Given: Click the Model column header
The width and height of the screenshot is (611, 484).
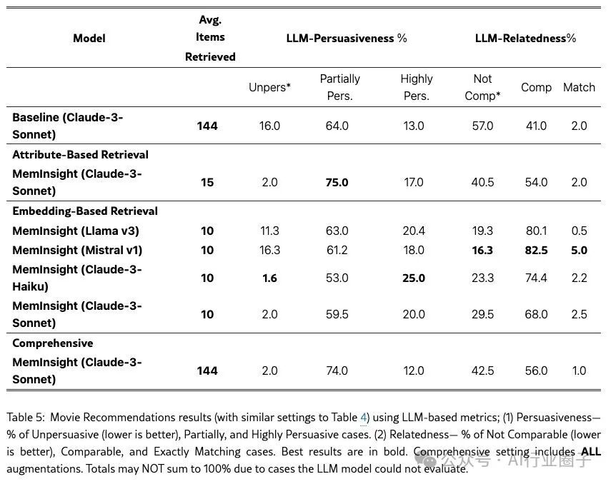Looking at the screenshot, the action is [89, 38].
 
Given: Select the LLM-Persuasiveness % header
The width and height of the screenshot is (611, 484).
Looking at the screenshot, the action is [347, 38].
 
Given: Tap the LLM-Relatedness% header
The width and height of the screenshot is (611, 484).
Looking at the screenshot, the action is [525, 38].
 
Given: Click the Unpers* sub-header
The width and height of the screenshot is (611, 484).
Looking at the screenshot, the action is [269, 87].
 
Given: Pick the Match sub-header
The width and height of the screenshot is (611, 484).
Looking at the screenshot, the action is [579, 87].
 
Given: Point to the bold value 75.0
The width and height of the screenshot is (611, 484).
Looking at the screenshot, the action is [337, 182].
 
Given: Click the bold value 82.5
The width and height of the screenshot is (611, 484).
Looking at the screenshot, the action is [536, 250].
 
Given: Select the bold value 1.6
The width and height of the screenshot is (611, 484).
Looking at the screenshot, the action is [269, 278].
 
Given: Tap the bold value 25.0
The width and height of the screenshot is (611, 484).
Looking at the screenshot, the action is [414, 278].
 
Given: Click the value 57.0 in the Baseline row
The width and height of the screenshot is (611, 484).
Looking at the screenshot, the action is [483, 126].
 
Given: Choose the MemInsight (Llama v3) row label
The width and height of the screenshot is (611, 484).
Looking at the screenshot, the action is [76, 231].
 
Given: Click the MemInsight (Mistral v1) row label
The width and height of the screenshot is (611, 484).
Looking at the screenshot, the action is [77, 250].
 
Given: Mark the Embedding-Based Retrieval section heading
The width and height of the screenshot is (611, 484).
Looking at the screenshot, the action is [85, 211].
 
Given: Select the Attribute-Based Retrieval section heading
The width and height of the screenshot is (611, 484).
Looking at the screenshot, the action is [80, 155].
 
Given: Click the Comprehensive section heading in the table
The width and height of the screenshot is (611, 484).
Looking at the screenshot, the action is [53, 343].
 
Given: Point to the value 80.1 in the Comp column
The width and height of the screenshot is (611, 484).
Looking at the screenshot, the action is [536, 231].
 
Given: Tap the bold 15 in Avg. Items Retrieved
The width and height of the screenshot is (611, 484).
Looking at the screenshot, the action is [207, 182].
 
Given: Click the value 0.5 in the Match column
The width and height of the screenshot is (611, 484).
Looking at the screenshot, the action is [579, 231].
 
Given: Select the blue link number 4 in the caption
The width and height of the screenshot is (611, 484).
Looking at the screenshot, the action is [364, 418].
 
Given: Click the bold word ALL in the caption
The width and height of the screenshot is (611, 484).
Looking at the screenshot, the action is [591, 451].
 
